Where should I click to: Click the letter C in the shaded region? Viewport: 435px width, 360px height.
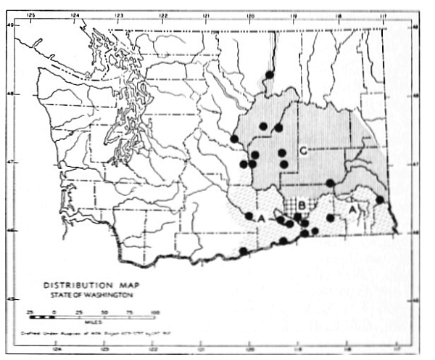[x=304, y=151]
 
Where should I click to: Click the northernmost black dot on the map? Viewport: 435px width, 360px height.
[x=269, y=75]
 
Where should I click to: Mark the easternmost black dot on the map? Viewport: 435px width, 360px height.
[x=379, y=200]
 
